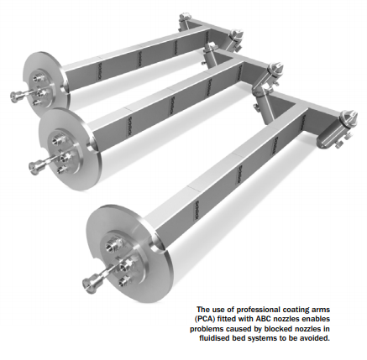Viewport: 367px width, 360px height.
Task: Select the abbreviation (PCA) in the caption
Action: pyautogui.click(x=203, y=319)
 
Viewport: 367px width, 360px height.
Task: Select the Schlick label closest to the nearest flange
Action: pyautogui.click(x=198, y=210)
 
